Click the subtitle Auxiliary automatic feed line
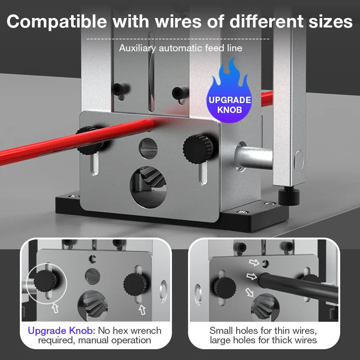(x=180, y=48)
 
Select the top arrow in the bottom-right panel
(x=255, y=261)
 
